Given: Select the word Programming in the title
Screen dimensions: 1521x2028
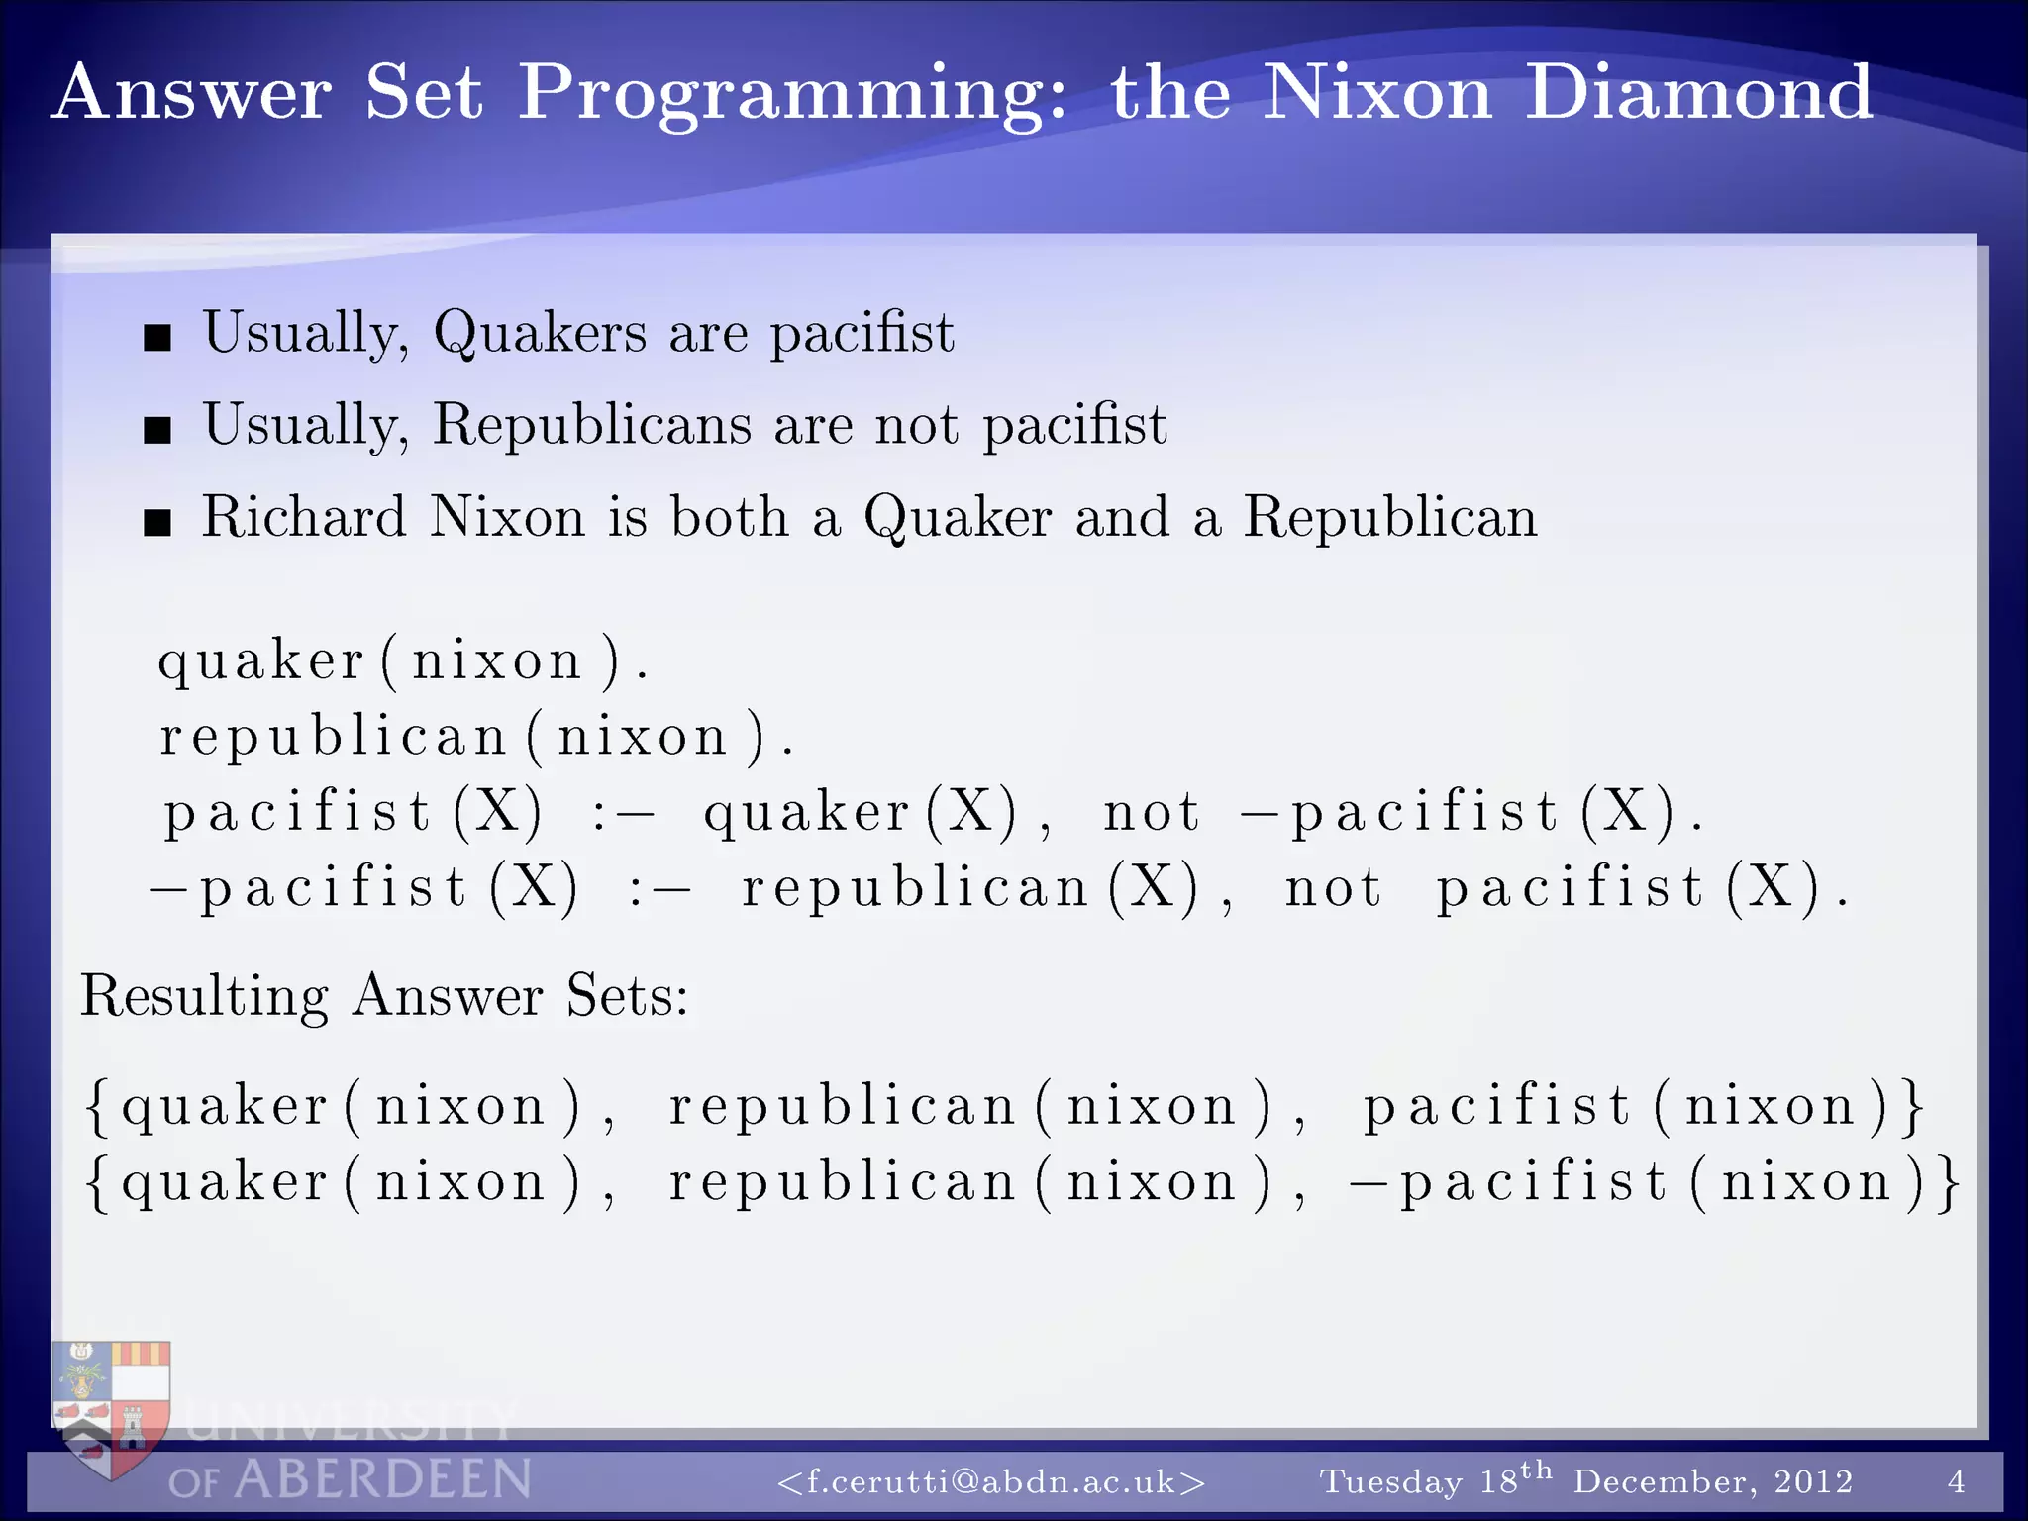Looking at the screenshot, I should [x=792, y=94].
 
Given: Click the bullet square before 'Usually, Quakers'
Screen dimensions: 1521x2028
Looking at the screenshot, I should [x=157, y=338].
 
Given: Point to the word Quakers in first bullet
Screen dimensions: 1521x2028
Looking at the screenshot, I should [x=540, y=332].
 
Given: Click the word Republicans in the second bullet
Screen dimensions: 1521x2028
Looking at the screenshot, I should [x=592, y=425].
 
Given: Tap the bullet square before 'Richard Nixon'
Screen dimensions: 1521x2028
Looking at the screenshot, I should [x=157, y=522].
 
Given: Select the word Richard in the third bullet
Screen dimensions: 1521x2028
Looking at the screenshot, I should [x=304, y=517].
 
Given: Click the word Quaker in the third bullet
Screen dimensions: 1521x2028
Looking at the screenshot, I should [x=958, y=517].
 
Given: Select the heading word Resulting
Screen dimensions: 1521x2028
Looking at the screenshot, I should [x=204, y=995].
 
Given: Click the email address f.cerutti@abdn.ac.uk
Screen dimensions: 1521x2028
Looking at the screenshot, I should [x=991, y=1482].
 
